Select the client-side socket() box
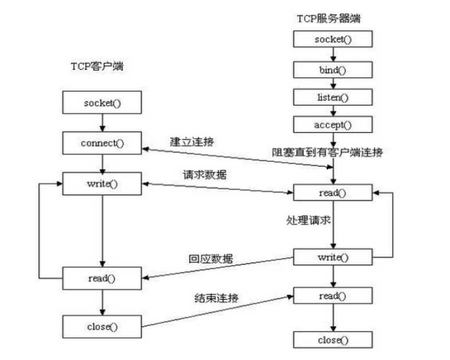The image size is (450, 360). pyautogui.click(x=101, y=104)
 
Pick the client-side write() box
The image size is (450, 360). pyautogui.click(x=101, y=183)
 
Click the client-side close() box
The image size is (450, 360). pyautogui.click(x=101, y=327)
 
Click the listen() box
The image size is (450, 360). pyautogui.click(x=332, y=97)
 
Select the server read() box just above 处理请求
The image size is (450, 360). pyautogui.click(x=332, y=193)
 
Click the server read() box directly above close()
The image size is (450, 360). pyautogui.click(x=332, y=296)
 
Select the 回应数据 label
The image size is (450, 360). pyautogui.click(x=211, y=259)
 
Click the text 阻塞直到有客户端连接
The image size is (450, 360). pyautogui.click(x=327, y=152)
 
